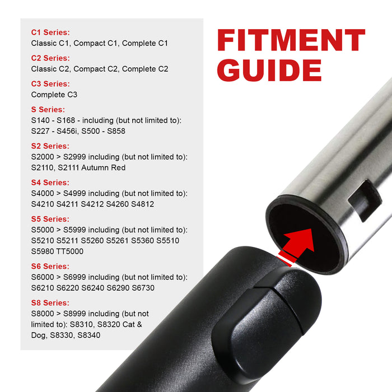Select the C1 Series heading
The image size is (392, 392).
[50, 32]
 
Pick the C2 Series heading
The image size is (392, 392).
[50, 58]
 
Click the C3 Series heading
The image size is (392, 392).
[50, 84]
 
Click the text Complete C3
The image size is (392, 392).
[54, 95]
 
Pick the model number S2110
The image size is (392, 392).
[44, 167]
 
